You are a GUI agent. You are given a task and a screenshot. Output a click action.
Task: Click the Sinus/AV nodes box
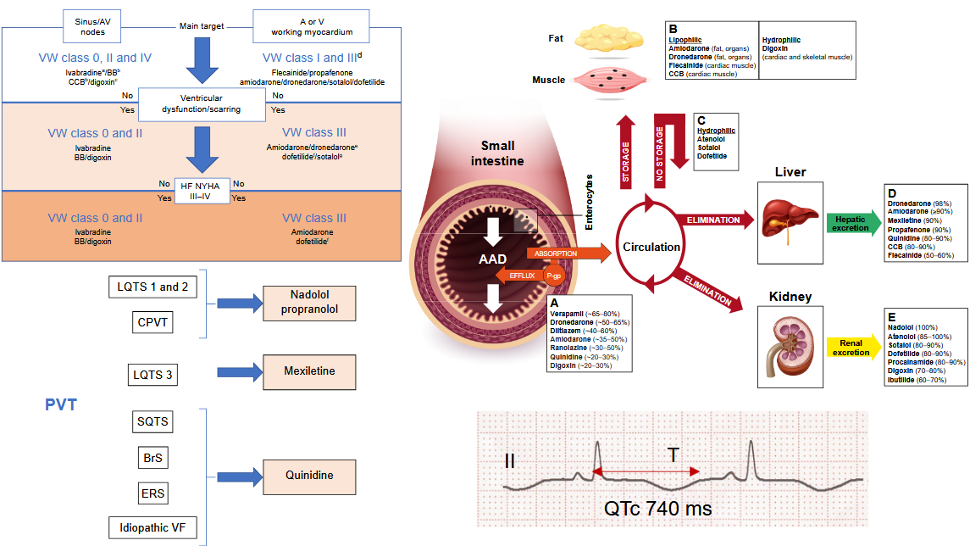87,25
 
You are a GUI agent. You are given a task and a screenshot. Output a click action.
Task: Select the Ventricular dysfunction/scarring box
201,103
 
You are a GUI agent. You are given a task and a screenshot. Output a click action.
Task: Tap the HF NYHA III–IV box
201,190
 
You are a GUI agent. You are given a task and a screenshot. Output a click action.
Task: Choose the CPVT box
152,322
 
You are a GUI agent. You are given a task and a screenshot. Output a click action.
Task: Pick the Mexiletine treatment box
309,371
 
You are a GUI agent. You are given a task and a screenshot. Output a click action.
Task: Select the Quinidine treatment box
309,476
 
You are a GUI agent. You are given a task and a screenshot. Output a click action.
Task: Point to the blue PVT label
61,405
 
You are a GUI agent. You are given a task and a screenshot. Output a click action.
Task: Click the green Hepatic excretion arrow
851,224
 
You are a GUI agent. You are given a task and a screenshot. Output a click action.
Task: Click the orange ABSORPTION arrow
567,253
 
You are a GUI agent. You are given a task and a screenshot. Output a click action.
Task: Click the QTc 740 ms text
657,509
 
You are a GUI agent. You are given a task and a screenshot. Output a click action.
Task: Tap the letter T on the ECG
673,455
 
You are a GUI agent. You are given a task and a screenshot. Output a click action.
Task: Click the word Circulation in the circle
651,248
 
